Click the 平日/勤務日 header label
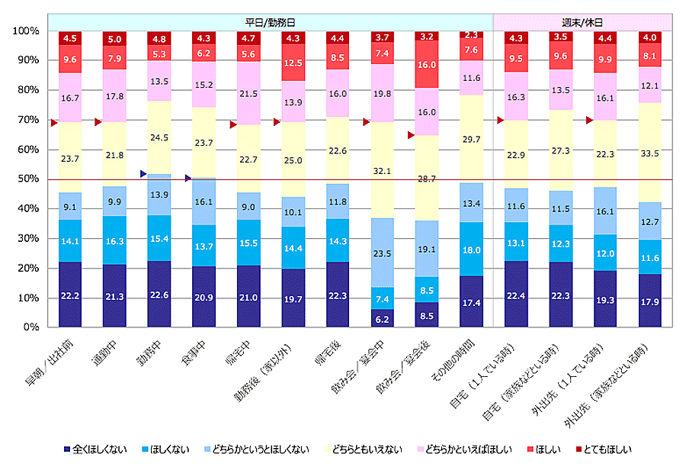pos(271,22)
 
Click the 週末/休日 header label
pos(582,22)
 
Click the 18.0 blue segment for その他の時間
pos(470,249)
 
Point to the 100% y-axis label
pos(26,31)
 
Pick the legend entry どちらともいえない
pos(364,449)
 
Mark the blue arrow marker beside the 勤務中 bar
pos(143,174)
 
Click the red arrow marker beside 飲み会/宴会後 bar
pos(410,135)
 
